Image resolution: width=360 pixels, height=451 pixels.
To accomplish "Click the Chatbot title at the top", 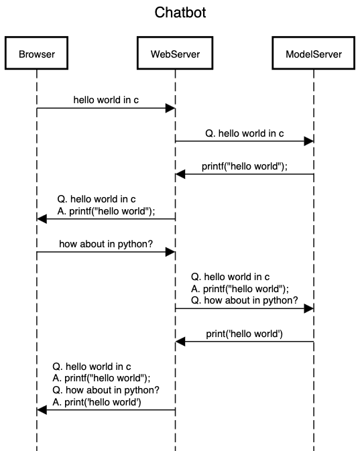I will point(180,12).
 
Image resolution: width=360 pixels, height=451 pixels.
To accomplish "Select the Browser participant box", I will point(37,54).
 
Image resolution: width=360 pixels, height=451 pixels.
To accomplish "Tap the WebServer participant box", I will point(176,54).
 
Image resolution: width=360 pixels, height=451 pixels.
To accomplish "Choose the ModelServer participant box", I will point(313,54).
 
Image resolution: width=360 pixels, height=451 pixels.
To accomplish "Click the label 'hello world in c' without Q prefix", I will point(106,100).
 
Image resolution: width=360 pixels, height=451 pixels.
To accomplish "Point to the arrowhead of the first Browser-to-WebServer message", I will point(170,108).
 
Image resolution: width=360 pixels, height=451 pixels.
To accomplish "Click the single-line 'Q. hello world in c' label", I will point(244,133).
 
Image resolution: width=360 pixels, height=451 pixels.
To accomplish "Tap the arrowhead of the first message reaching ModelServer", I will point(308,141).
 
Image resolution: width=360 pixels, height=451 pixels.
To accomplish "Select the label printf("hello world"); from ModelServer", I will point(244,166).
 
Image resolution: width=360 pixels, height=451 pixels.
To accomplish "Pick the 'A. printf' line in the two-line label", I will point(106,210).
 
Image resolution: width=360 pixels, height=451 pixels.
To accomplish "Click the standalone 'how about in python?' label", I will point(106,244).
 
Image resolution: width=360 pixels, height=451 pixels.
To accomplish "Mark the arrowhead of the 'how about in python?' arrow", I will point(170,252).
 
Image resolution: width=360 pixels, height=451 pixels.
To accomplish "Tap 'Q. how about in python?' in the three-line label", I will point(244,300).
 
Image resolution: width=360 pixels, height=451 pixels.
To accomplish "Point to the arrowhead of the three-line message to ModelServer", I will point(308,308).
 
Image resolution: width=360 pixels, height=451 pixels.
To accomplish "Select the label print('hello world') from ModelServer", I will point(244,333).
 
